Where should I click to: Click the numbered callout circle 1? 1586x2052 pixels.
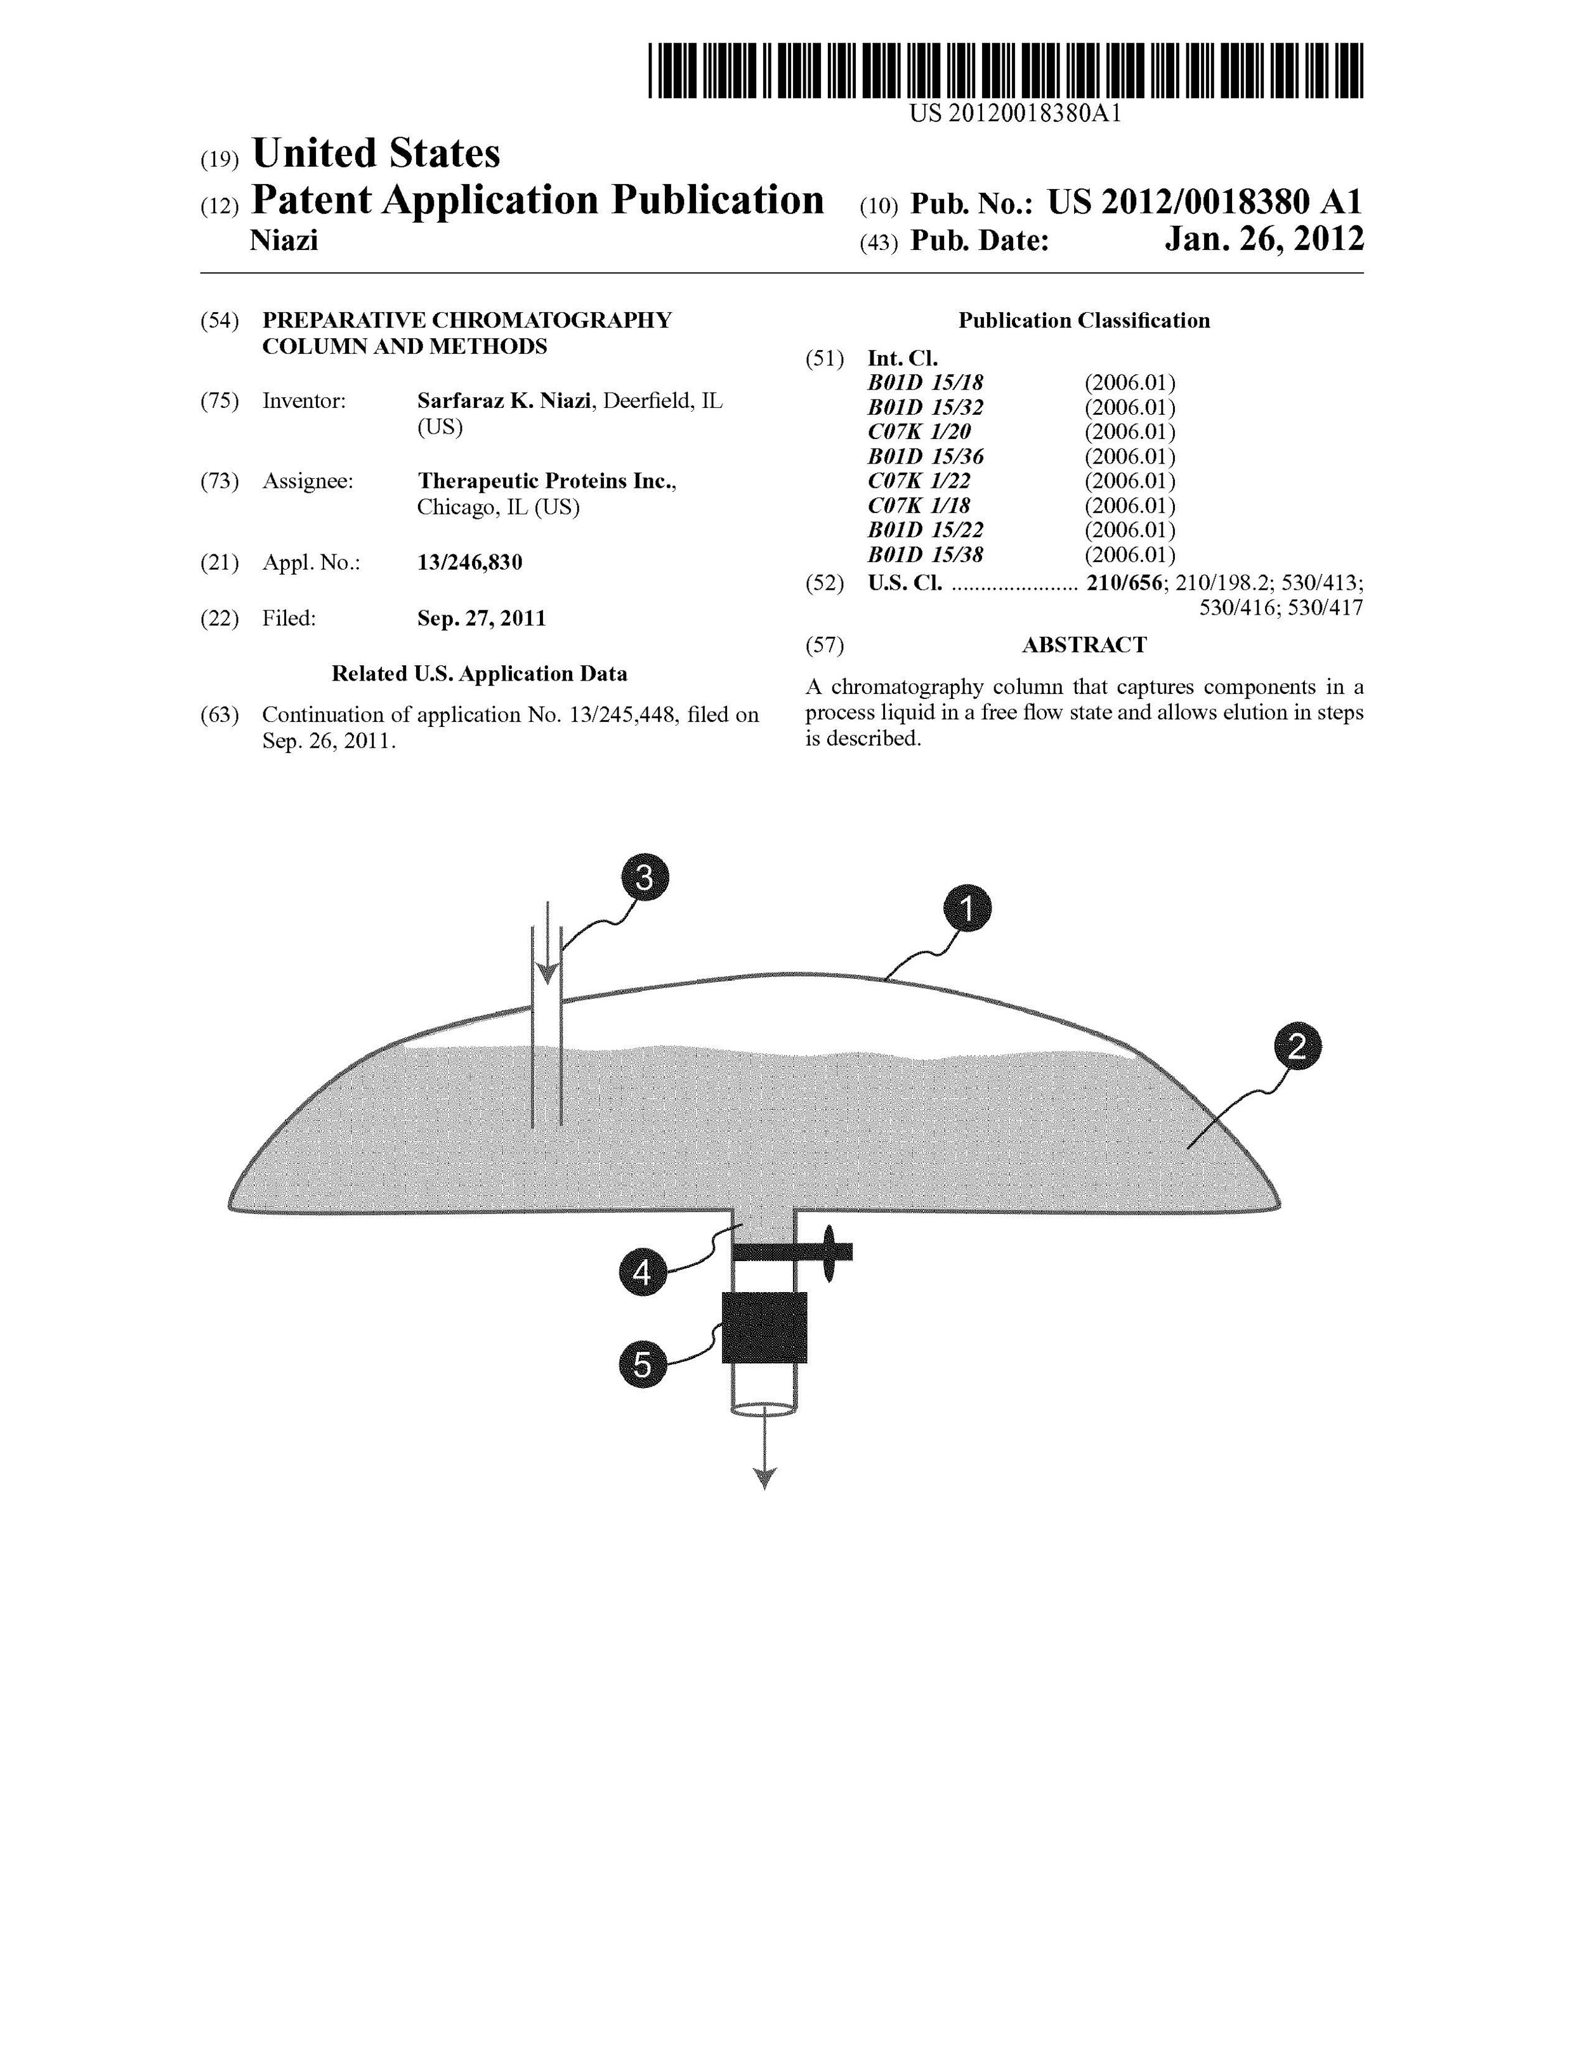coord(967,908)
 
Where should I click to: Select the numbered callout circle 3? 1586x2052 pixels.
coord(644,877)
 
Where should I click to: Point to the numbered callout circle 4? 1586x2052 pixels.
coord(642,1273)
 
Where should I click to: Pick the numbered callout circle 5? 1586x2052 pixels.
coord(642,1363)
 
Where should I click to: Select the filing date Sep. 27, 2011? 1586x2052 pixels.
coord(481,618)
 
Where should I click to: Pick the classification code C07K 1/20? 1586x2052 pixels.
coord(919,432)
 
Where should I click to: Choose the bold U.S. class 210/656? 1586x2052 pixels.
coord(1124,582)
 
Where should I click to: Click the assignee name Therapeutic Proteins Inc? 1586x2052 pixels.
coord(546,481)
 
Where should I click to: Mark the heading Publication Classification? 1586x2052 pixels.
coord(1084,320)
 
